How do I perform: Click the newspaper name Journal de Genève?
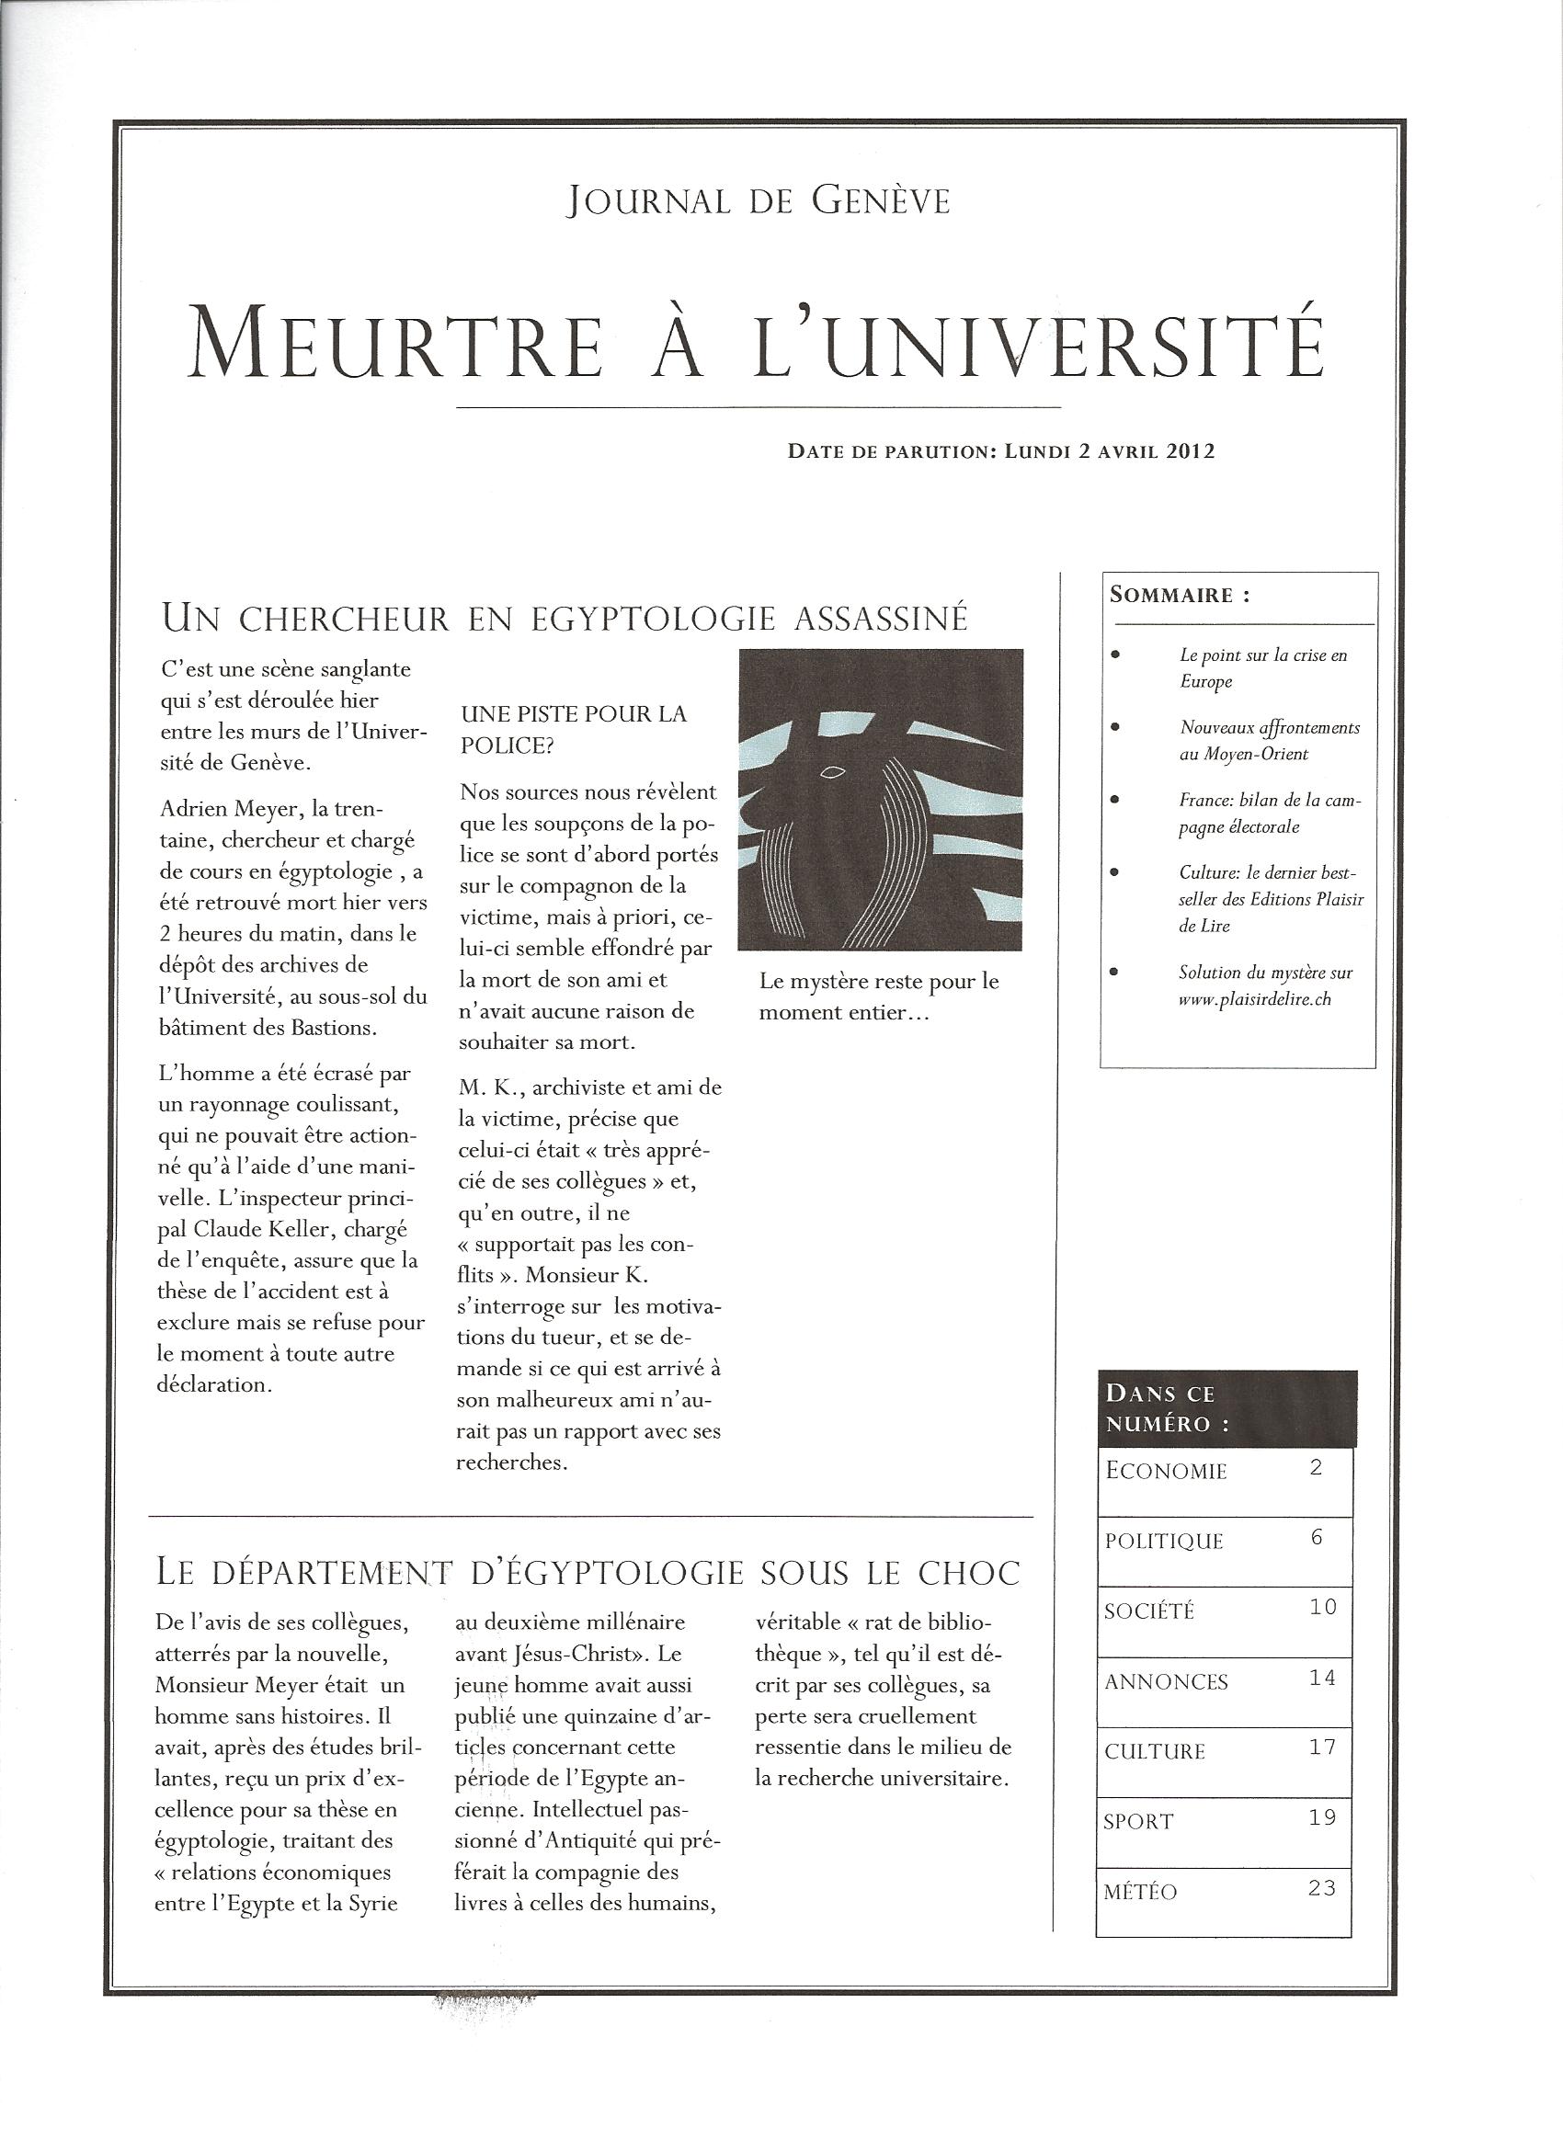tap(758, 200)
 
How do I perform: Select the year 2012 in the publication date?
tap(1191, 451)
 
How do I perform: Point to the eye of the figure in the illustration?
tap(833, 773)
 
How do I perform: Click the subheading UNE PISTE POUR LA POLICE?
tap(573, 728)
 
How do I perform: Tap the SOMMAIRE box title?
tap(1179, 595)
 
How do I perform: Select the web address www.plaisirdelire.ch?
tap(1255, 999)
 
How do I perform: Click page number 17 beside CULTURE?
tap(1322, 1747)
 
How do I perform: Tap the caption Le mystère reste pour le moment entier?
tap(878, 996)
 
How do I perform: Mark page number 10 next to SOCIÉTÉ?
tap(1323, 1607)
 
